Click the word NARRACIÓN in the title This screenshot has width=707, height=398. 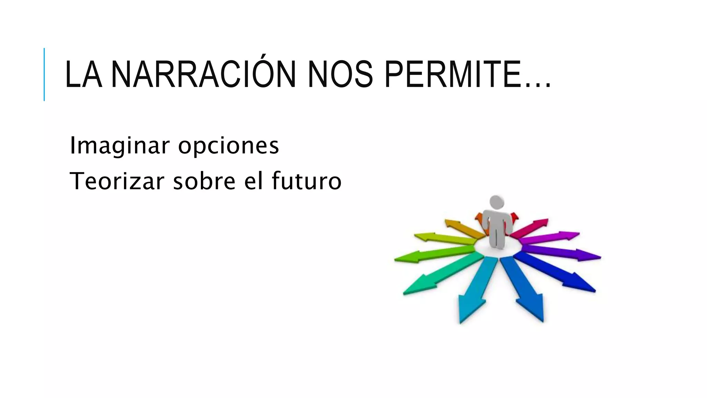(x=203, y=74)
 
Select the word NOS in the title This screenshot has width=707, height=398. (x=340, y=75)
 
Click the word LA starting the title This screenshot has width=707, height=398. (x=83, y=75)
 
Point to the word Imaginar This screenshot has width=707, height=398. (x=119, y=145)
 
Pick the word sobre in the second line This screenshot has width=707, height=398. (x=204, y=181)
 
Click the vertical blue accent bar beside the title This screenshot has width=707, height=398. (x=44, y=74)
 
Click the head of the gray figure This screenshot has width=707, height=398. (x=497, y=202)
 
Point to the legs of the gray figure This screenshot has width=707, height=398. (x=497, y=238)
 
